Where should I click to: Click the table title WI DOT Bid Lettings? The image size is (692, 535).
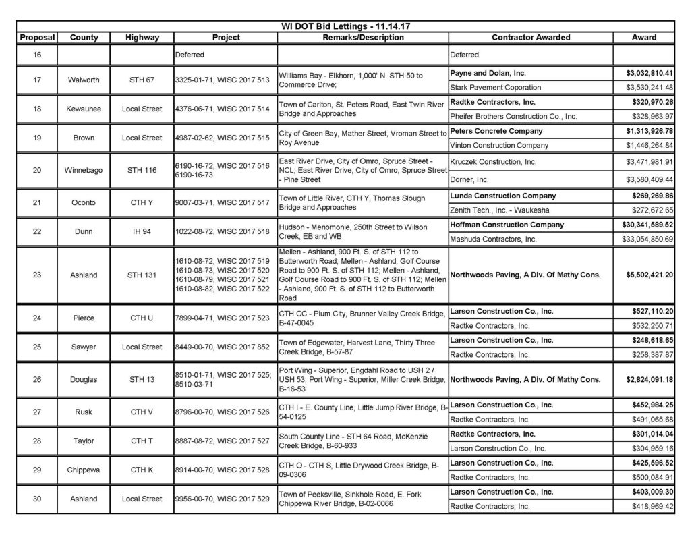pos(345,26)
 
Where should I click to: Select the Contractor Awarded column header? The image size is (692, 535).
pos(530,38)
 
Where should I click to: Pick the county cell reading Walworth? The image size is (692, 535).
pos(84,80)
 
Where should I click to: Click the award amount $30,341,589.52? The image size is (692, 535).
pos(646,225)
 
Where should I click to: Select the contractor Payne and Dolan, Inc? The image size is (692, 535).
pos(488,73)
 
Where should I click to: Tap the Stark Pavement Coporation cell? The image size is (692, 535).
pos(495,87)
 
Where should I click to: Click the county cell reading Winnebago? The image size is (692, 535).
pos(84,171)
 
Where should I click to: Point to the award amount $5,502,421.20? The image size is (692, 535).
pos(646,275)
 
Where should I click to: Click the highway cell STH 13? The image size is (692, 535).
pos(142,379)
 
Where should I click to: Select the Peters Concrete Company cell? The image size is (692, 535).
pos(496,131)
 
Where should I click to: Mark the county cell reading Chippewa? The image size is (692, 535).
pos(84,470)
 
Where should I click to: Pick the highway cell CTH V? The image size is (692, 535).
pos(142,412)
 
